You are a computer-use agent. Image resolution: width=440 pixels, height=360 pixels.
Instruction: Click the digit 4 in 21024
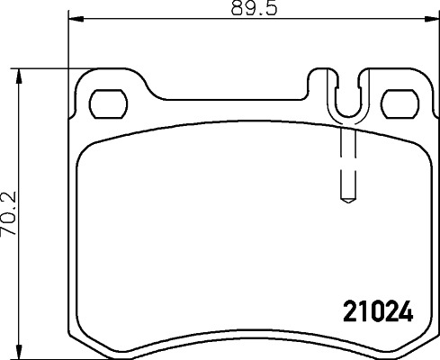[405, 311]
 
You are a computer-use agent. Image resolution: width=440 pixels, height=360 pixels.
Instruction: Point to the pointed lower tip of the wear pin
[346, 201]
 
